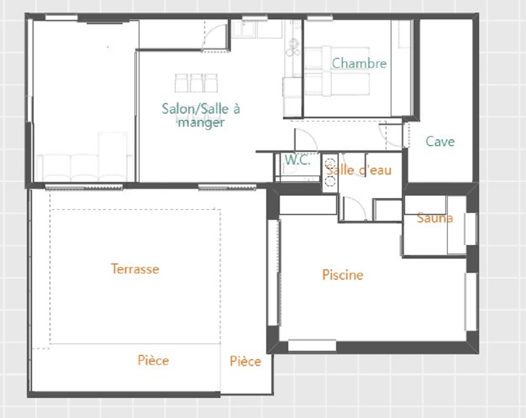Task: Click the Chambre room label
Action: pos(359,63)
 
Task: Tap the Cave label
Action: pos(440,141)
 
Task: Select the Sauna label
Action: pos(435,218)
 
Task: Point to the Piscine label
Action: pos(342,275)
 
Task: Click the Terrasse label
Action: pos(135,269)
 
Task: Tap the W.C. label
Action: pos(298,160)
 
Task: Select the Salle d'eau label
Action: pos(359,170)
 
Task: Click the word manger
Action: pos(201,123)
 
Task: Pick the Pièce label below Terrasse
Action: pos(153,360)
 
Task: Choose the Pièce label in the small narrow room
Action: pos(245,361)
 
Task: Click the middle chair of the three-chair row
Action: pos(196,83)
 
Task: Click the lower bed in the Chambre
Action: pos(337,84)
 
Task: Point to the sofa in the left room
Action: pos(84,168)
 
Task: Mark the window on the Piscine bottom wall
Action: pos(312,345)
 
